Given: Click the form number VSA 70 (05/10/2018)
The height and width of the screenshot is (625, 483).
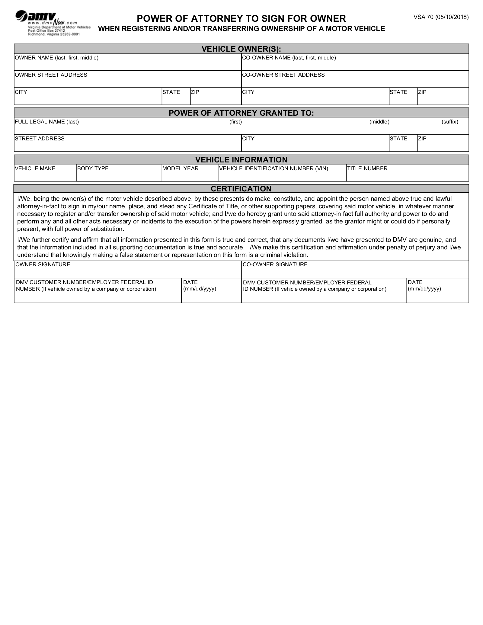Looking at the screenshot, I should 441,17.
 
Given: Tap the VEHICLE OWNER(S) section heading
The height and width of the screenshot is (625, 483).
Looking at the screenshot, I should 241,49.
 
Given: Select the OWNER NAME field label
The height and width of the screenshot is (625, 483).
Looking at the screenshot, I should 57,58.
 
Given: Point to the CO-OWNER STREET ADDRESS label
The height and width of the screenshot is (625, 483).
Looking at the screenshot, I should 283,75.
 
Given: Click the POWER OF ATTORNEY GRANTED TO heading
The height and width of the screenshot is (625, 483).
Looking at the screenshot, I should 241,113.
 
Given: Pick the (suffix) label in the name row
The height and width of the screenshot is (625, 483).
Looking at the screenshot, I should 450,122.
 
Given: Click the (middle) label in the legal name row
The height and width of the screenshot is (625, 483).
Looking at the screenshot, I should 379,122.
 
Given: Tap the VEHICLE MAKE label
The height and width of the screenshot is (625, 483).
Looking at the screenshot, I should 35,168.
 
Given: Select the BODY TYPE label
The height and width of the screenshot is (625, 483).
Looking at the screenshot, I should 93,168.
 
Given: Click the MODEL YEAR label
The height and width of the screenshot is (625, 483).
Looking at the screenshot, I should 181,168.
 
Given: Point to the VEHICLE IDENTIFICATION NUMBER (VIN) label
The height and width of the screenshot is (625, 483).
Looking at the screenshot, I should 274,168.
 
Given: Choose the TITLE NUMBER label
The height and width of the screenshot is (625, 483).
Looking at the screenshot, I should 367,168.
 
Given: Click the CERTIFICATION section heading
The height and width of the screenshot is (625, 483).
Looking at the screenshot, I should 241,189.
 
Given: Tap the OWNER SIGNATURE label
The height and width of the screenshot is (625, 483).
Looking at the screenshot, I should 43,264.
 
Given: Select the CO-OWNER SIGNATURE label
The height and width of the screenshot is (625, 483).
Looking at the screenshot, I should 275,264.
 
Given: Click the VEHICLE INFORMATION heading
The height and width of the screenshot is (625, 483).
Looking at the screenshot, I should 241,160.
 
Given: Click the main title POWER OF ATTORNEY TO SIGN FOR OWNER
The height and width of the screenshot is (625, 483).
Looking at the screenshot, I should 241,19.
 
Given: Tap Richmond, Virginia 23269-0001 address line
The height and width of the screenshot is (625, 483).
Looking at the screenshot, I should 54,34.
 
